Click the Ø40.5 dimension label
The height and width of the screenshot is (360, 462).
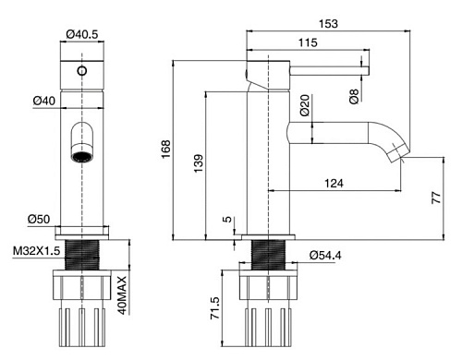[x=82, y=34]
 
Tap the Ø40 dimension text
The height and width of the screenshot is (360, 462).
[x=44, y=101]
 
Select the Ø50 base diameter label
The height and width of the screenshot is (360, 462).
[x=39, y=220]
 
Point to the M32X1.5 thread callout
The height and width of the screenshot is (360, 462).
[x=36, y=251]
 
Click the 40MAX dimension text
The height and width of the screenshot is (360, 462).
[x=122, y=295]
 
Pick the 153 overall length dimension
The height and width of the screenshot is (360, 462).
[x=328, y=24]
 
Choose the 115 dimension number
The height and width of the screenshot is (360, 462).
[x=308, y=42]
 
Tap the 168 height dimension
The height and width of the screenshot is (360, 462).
[x=166, y=149]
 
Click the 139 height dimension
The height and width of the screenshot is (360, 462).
[x=199, y=163]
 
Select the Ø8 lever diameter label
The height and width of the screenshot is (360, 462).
[x=354, y=96]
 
